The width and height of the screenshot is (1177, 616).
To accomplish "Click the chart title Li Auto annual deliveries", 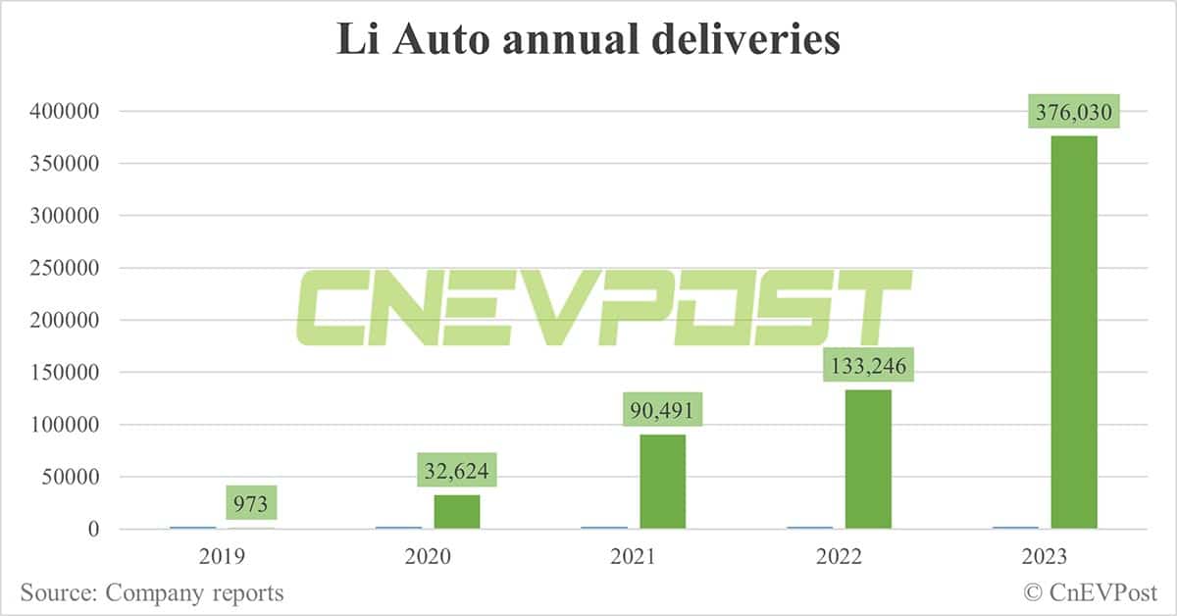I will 588,40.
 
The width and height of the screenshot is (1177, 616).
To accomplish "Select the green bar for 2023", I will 1074,333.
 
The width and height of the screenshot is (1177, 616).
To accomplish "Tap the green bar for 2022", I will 868,459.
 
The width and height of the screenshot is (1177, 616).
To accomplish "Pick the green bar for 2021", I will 662,482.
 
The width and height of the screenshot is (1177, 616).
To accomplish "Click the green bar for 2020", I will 457,512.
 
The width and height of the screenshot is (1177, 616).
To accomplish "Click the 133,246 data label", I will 868,368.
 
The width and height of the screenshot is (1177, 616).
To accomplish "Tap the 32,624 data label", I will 457,473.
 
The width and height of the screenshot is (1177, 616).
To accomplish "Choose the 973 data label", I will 251,504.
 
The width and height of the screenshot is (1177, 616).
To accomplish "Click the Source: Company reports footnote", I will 152,592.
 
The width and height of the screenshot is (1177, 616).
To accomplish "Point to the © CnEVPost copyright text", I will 1091,592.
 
